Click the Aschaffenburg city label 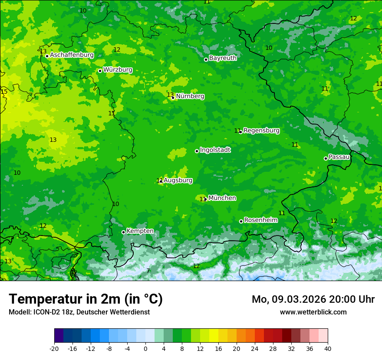tap(72, 55)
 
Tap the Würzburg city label tap(118, 70)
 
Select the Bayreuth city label tap(223, 58)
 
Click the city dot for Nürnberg tap(173, 98)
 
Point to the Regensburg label tap(261, 130)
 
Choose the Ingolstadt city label tap(215, 150)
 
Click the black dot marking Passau tap(326, 158)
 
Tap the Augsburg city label tap(178, 180)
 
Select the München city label tap(222, 198)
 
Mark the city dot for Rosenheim tap(241, 221)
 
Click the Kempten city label tap(140, 231)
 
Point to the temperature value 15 tap(4, 92)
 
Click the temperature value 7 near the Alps tap(148, 271)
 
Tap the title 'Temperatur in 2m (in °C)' tap(86, 299)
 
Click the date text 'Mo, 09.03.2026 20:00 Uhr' tap(313, 299)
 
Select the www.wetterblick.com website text tap(313, 312)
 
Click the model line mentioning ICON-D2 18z tap(79, 312)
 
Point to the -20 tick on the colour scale tap(54, 348)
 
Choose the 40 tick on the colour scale tap(328, 348)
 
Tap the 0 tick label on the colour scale tap(145, 348)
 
